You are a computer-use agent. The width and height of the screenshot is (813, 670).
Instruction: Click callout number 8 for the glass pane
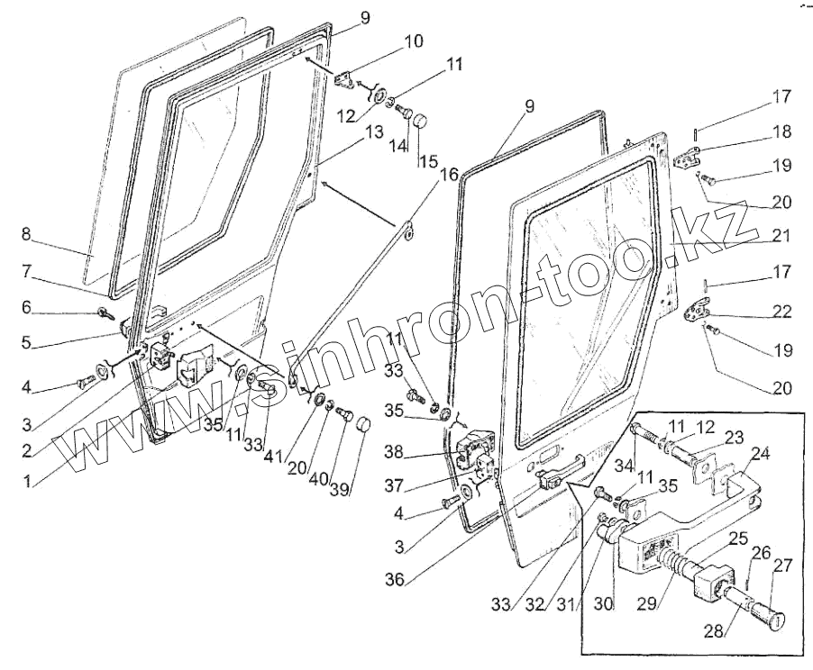click(x=26, y=235)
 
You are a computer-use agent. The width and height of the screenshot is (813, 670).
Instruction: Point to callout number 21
click(x=781, y=236)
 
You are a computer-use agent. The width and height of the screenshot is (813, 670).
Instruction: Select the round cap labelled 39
click(x=363, y=424)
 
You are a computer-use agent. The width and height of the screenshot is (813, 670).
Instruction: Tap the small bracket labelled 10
click(x=345, y=78)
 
